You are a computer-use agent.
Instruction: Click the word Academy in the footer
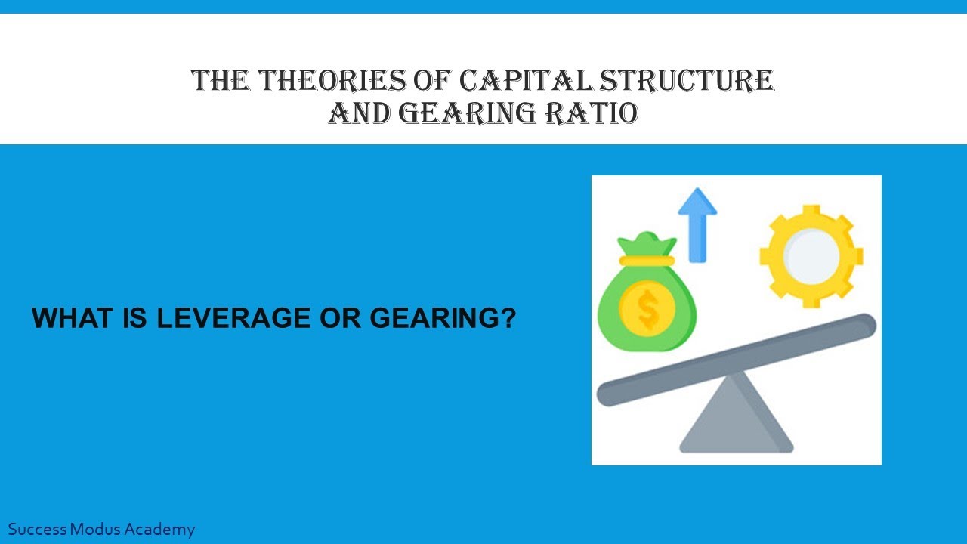[x=160, y=530]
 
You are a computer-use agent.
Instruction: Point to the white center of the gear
[x=811, y=257]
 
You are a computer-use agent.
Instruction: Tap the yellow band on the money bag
[x=647, y=260]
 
